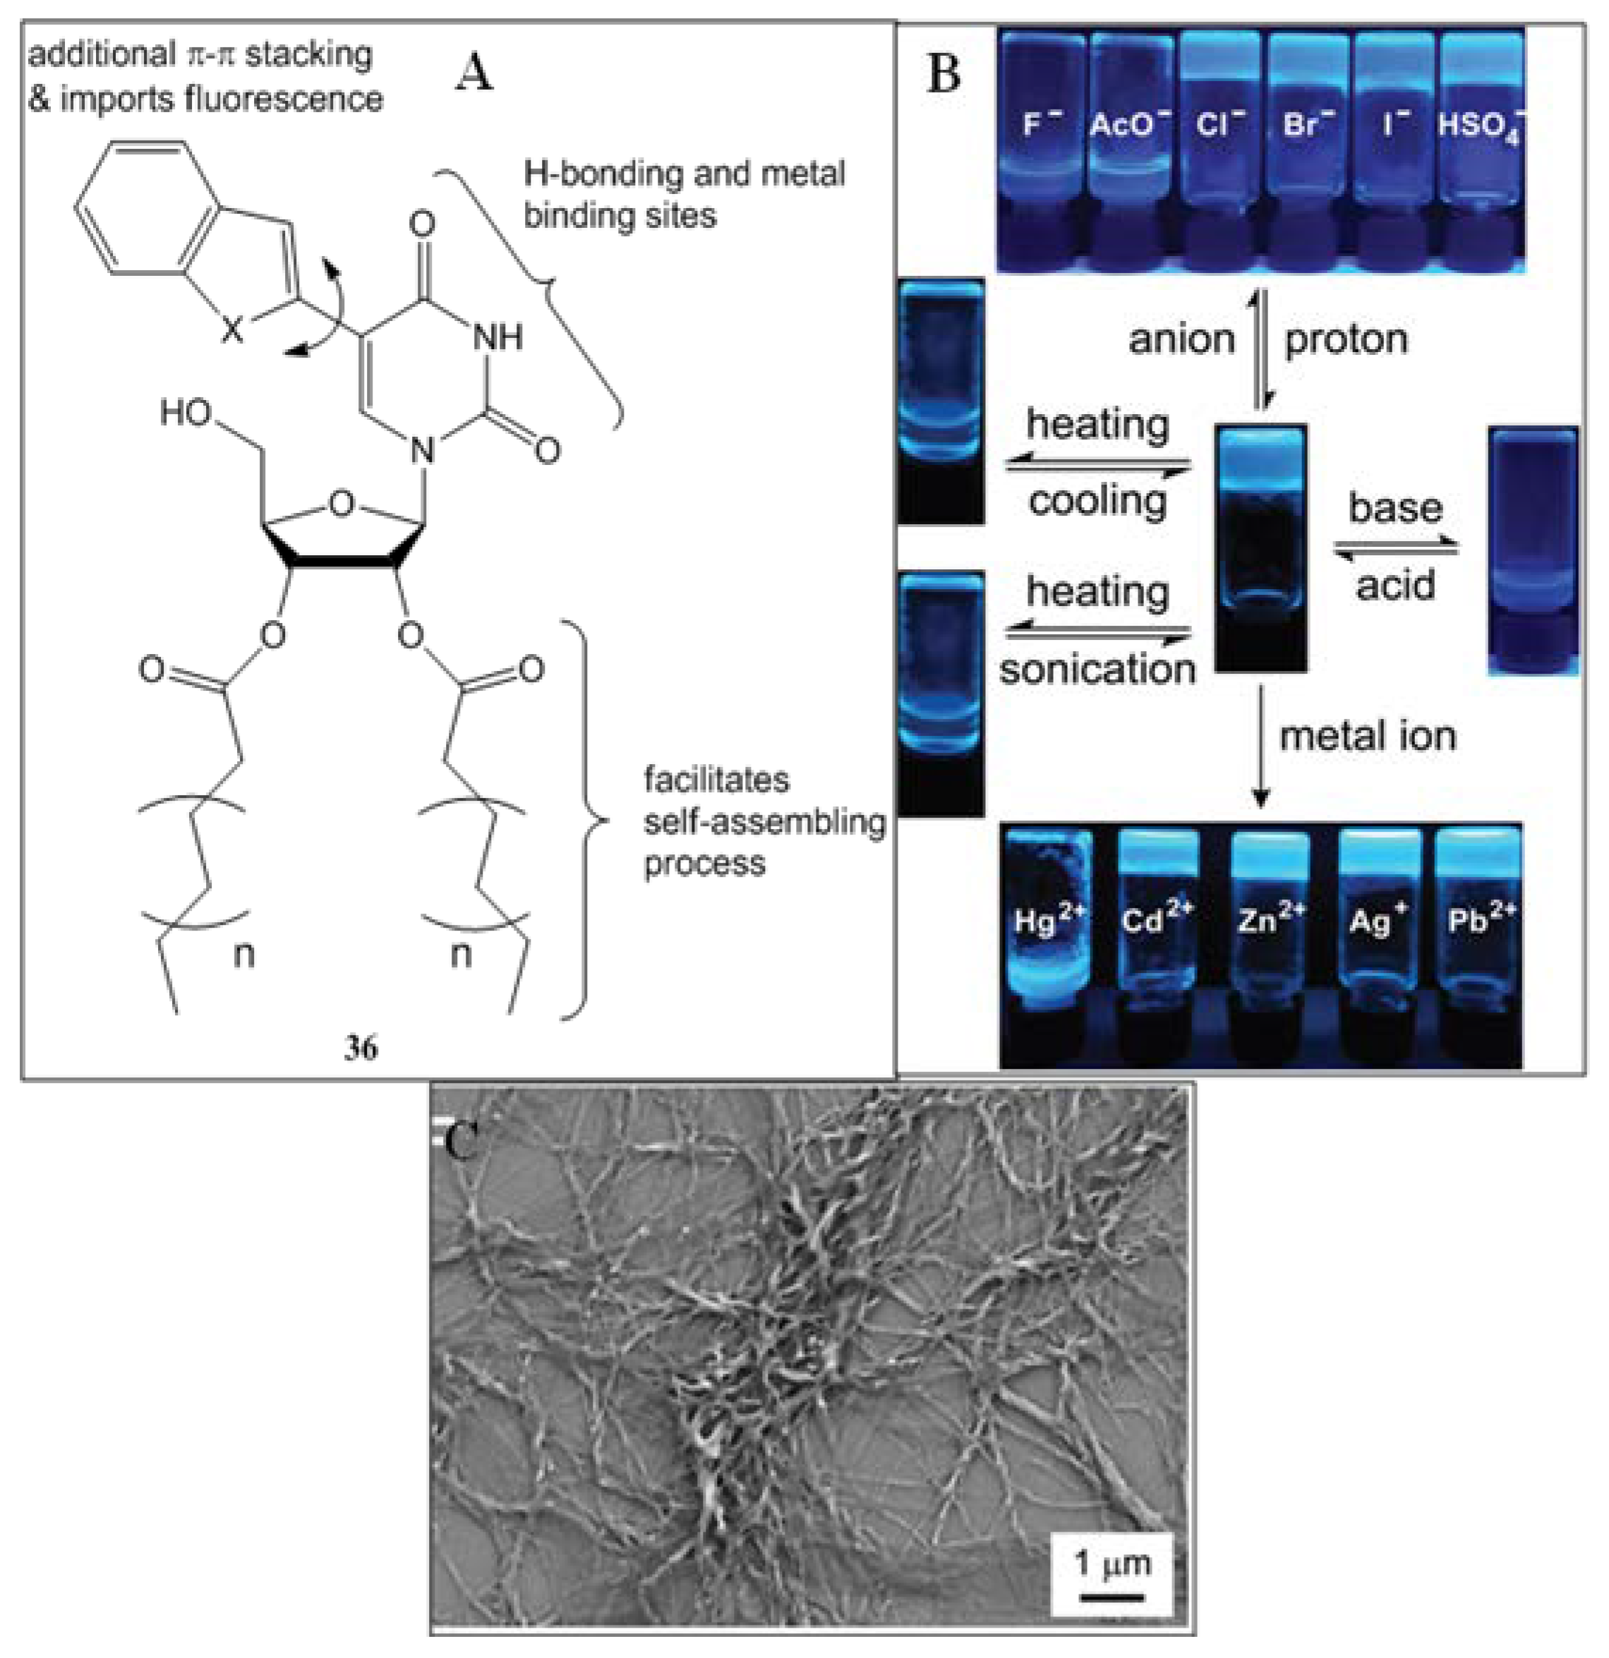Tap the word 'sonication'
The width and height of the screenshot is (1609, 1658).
pos(1097,669)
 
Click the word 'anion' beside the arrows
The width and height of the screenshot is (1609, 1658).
pos(1182,339)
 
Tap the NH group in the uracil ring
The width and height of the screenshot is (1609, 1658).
pos(498,337)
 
